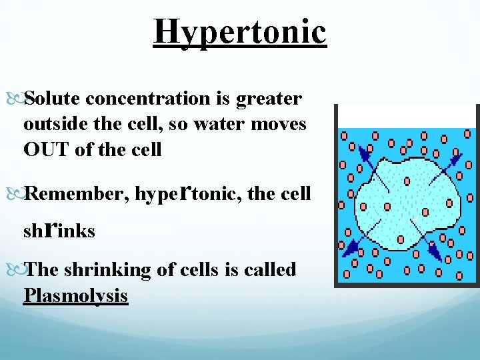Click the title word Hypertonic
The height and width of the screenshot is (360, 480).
(240, 31)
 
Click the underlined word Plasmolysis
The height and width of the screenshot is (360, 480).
(75, 295)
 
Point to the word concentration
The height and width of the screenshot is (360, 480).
(147, 99)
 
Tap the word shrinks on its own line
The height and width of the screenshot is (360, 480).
(59, 231)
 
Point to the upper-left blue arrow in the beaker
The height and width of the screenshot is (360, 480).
(365, 154)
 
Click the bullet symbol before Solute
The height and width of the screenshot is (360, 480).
(17, 99)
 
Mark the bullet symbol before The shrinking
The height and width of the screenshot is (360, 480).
(17, 270)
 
